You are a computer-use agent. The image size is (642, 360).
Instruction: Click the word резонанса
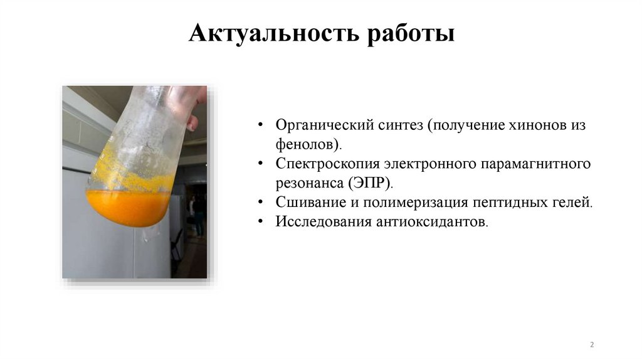point(307,183)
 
